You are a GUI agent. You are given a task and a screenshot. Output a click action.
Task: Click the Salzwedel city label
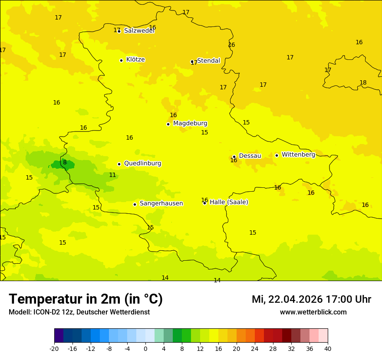click(139, 31)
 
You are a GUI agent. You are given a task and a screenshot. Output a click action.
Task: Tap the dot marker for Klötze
click(121, 60)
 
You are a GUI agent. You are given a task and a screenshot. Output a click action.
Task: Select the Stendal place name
click(208, 61)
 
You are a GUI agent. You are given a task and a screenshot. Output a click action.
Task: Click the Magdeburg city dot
click(168, 124)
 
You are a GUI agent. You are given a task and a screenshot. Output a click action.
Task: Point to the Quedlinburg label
click(142, 164)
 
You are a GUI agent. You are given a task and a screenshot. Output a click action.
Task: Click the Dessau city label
click(250, 156)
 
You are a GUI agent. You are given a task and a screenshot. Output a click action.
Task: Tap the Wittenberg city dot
click(277, 155)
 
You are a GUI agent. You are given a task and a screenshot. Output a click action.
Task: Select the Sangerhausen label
click(161, 203)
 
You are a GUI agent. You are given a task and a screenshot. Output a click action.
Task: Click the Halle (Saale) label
click(229, 202)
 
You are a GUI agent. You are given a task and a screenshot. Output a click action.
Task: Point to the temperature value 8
click(65, 163)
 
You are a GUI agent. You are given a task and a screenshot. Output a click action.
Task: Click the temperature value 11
click(112, 175)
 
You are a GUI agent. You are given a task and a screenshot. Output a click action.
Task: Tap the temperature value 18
click(363, 83)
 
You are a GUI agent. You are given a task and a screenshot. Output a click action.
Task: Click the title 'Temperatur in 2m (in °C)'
click(86, 299)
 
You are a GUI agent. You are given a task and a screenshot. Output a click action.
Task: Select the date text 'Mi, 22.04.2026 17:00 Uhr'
click(311, 299)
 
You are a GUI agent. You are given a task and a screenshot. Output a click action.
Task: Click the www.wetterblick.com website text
click(313, 312)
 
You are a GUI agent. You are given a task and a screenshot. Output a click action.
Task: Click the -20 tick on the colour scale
click(54, 348)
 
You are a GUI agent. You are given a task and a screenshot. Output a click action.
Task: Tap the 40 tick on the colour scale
click(327, 348)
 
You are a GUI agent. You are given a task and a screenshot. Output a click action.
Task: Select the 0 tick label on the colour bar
click(145, 348)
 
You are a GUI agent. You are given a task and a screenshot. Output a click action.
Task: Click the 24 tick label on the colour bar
click(255, 348)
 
